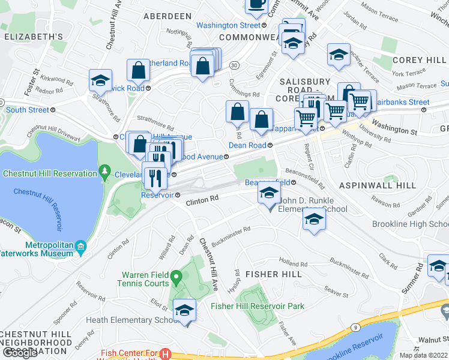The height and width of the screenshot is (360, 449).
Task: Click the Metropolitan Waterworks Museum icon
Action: click(x=82, y=246)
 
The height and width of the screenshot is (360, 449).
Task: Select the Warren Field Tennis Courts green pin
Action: click(x=176, y=278)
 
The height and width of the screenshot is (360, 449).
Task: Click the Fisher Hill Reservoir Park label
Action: click(x=258, y=306)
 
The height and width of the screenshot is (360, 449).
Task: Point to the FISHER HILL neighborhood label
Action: click(x=269, y=274)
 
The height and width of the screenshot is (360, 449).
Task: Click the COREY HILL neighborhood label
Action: click(x=420, y=61)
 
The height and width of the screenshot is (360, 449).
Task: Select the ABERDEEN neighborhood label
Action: click(x=167, y=16)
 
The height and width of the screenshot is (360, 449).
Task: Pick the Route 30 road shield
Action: click(x=233, y=64)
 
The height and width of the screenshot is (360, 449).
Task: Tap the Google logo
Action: click(x=20, y=353)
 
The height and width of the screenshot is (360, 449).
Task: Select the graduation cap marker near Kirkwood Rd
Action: click(x=100, y=81)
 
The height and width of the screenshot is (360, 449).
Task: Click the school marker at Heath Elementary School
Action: click(x=184, y=311)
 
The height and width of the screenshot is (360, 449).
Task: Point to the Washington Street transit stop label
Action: click(x=228, y=25)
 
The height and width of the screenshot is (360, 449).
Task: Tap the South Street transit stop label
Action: click(x=28, y=110)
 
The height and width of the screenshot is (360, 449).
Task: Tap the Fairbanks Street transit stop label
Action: click(x=402, y=102)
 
